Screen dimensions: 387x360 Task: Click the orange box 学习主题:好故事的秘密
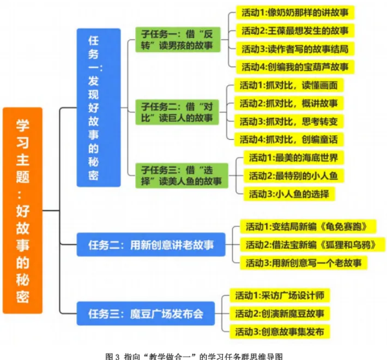click(x=23, y=210)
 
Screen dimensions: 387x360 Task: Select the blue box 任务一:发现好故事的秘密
click(x=98, y=107)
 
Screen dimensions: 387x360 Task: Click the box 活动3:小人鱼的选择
click(x=289, y=194)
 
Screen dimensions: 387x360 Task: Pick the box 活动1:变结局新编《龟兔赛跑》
click(x=309, y=226)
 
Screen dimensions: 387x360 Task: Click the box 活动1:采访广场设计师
click(x=280, y=296)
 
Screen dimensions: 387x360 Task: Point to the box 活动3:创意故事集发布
click(x=280, y=331)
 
